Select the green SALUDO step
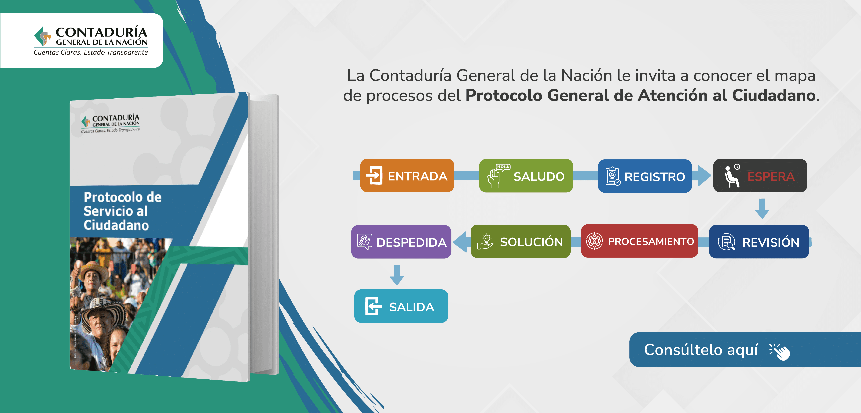[x=526, y=176]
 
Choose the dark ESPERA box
[x=760, y=176]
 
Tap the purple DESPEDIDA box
[x=401, y=242]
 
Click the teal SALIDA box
[x=401, y=306]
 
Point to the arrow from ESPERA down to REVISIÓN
[x=762, y=209]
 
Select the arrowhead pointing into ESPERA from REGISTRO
[x=705, y=176]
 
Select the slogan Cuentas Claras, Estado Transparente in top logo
[x=91, y=52]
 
